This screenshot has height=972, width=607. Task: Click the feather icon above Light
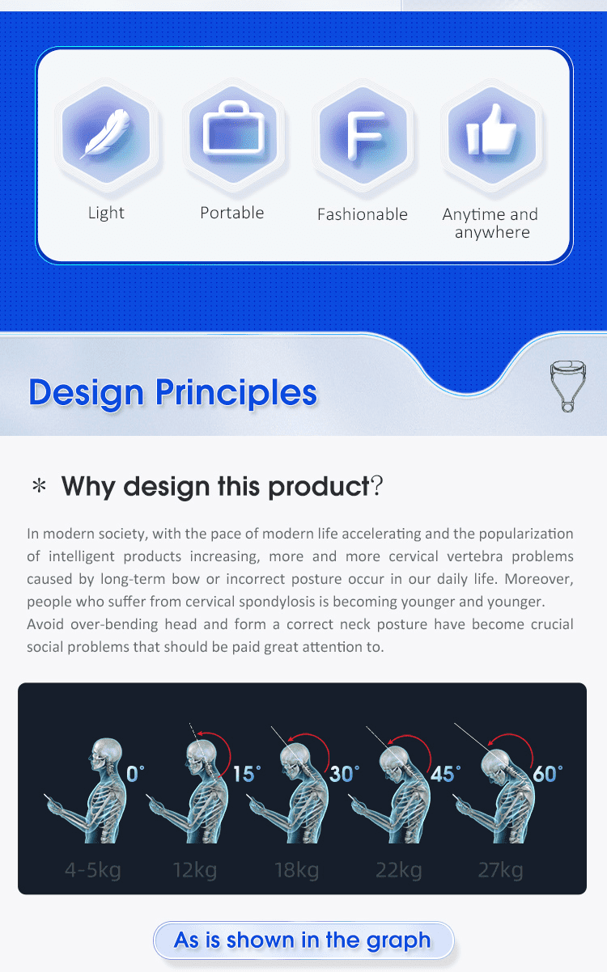[105, 133]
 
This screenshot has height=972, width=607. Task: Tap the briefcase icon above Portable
[234, 129]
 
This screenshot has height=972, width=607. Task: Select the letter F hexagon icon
[363, 134]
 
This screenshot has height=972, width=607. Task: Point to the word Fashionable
[363, 214]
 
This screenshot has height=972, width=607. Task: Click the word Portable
[232, 213]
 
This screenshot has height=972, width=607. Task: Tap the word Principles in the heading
[236, 393]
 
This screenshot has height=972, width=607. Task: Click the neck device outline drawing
[568, 386]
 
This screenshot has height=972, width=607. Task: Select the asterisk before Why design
[39, 485]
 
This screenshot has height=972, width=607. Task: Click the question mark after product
[377, 485]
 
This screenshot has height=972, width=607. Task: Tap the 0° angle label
[135, 774]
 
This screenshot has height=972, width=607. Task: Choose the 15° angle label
[247, 774]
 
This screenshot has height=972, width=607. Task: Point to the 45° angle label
[445, 774]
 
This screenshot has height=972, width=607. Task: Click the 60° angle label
[548, 774]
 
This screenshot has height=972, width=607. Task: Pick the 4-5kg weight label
[93, 870]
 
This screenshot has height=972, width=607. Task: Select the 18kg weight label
[297, 870]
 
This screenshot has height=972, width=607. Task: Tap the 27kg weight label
[501, 870]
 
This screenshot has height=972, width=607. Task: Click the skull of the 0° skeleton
[105, 753]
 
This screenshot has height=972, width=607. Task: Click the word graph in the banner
[398, 940]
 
